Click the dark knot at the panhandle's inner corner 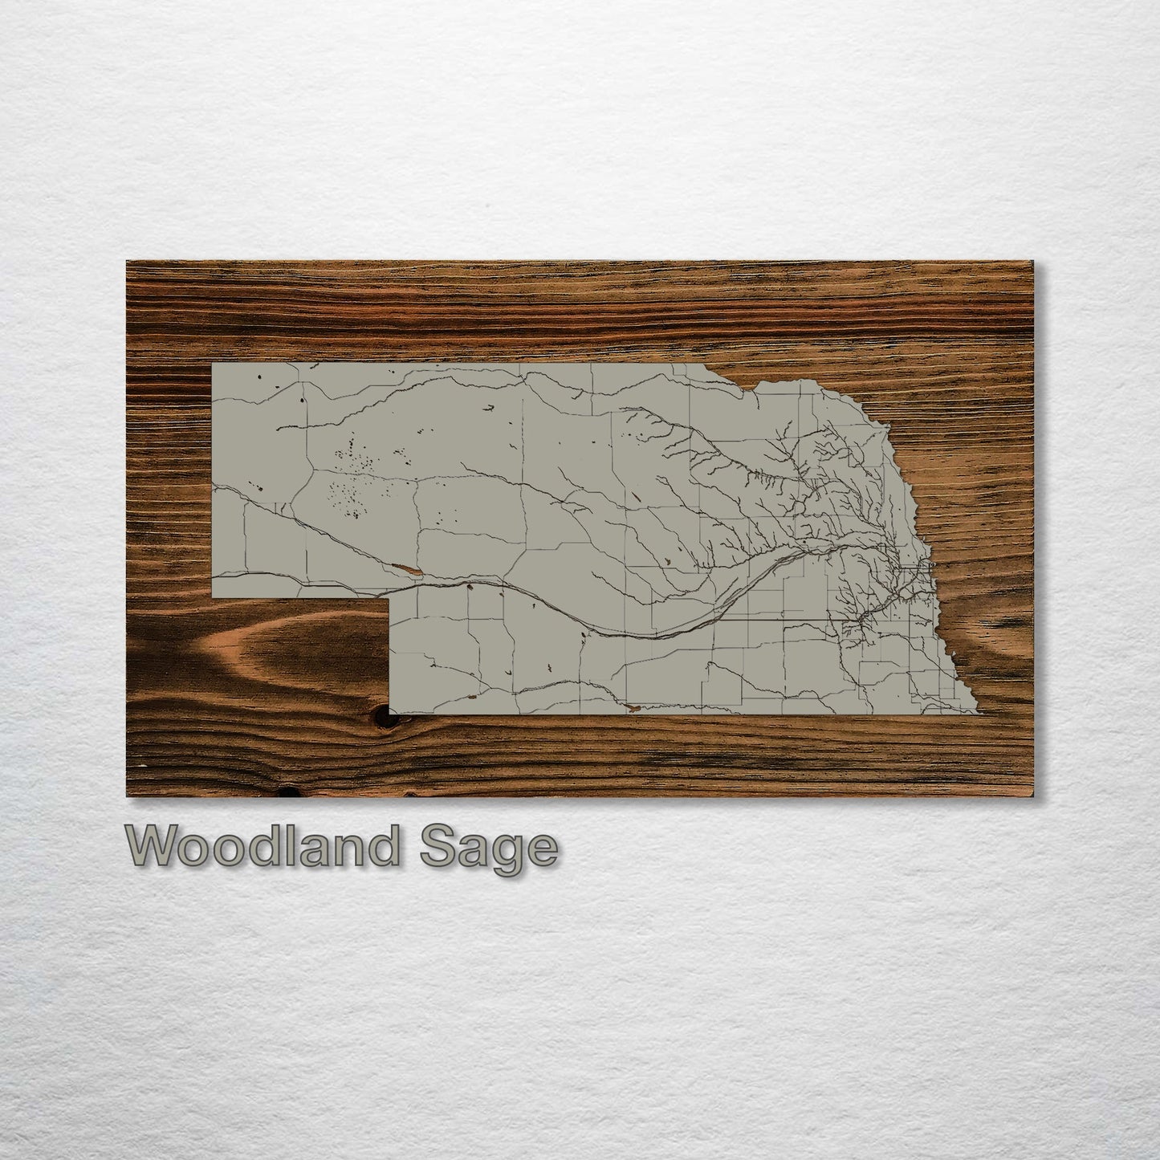pyautogui.click(x=393, y=709)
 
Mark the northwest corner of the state pyautogui.click(x=213, y=364)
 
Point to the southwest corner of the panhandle pyautogui.click(x=213, y=598)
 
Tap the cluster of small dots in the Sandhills pyautogui.click(x=353, y=482)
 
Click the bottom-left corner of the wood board pyautogui.click(x=128, y=796)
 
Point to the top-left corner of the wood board pyautogui.click(x=128, y=262)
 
